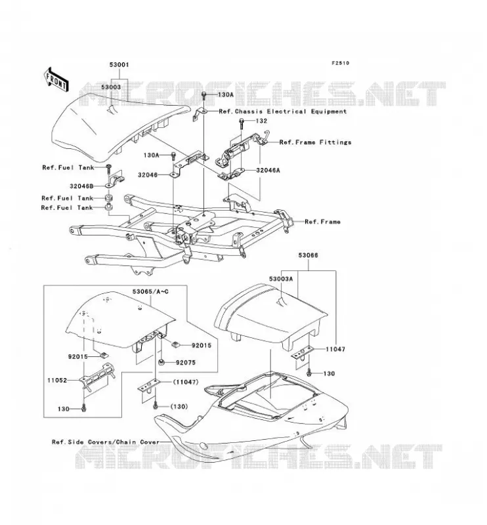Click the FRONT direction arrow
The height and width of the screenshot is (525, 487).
pos(56,79)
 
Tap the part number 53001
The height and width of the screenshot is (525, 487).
pos(119,64)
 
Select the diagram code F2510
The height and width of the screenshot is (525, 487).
pos(340,63)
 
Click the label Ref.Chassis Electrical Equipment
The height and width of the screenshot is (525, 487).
pos(283,112)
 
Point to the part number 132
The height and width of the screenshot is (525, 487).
pos(261,121)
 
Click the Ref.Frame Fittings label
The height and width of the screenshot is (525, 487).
pos(316,142)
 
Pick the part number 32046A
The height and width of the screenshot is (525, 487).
pos(268,170)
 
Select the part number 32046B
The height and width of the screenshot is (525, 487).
pos(81,186)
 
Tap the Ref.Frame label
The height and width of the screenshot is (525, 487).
pos(322,222)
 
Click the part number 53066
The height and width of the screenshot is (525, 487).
pos(308,255)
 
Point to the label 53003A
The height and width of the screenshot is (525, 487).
pos(281,278)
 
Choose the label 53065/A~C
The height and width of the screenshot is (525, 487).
pos(150,291)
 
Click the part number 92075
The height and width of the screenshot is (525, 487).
pos(186,363)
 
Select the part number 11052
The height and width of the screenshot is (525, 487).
pos(57,381)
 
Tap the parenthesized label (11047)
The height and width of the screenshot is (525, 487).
pos(186,382)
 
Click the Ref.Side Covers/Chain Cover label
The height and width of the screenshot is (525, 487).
pos(106,442)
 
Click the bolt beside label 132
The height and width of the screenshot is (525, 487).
pos(241,125)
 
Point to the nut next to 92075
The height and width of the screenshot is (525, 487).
pos(161,362)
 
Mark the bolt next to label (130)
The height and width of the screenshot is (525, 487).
pos(155,406)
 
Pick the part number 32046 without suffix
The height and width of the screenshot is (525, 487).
pos(148,175)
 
